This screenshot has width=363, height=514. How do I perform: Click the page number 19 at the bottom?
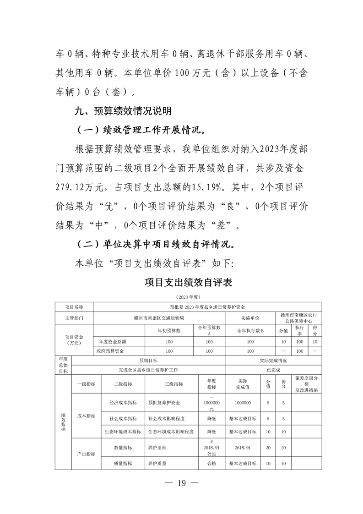pos(182,485)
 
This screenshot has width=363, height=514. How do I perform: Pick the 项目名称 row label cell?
pos(74,306)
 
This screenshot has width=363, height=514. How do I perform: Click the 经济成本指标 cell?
pos(123,403)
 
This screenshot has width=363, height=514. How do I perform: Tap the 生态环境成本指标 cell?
pos(123,432)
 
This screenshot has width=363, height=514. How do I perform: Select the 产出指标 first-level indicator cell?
pos(86,454)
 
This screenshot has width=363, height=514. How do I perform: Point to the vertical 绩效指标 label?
pos(63,422)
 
